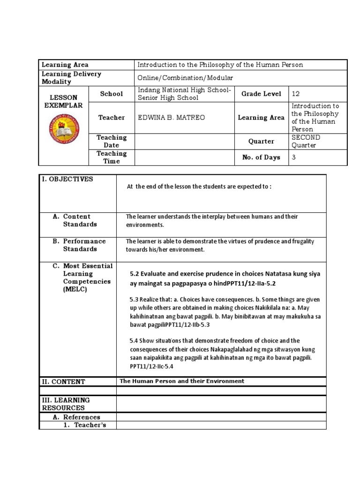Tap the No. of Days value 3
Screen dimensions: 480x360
tap(294, 157)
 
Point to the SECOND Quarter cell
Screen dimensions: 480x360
tap(306, 141)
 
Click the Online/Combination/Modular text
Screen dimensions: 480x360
tap(185, 78)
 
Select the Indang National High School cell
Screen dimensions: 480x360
tap(184, 94)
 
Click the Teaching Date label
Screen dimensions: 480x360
tap(112, 141)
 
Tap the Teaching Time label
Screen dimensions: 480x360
tap(112, 157)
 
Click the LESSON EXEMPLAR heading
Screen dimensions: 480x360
tap(63, 101)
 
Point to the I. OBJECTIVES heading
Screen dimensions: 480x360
tap(67, 179)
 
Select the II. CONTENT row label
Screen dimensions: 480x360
tap(64, 382)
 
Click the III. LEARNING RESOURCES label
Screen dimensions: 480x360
tap(66, 404)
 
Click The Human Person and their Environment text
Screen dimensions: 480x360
tap(182, 381)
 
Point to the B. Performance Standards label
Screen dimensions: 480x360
tap(84, 245)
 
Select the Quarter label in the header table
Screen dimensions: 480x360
tap(261, 141)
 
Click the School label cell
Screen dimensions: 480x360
tap(112, 94)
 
